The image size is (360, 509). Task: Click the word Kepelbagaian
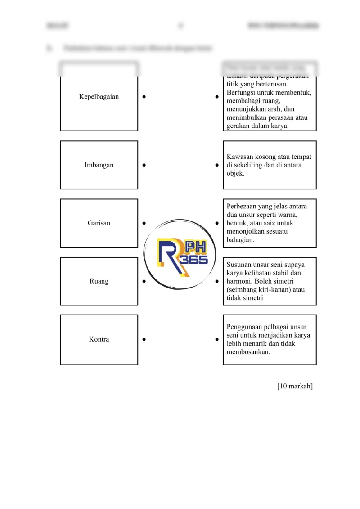[x=99, y=97]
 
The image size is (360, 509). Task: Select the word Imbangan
[x=99, y=165]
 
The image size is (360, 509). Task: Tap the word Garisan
[x=99, y=223]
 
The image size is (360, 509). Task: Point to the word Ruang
[x=99, y=281]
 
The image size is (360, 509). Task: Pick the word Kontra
[x=99, y=339]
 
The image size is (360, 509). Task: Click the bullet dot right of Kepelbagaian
[x=144, y=97]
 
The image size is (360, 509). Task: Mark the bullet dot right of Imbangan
[x=144, y=165]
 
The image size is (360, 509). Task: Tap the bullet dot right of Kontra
[x=144, y=339]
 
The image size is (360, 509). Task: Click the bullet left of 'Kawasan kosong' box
[x=217, y=165]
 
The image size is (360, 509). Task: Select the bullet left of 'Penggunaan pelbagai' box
[x=217, y=339]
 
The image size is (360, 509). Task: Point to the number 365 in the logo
[x=193, y=261]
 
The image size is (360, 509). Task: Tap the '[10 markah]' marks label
[x=295, y=386]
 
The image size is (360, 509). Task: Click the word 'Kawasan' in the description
[x=240, y=157]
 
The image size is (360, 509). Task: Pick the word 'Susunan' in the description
[x=239, y=265]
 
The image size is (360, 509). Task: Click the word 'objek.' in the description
[x=235, y=173]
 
